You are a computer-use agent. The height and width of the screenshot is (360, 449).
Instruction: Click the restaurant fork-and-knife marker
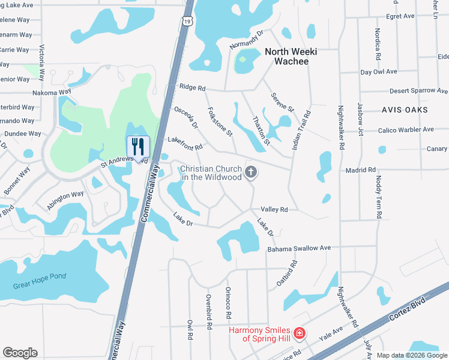[138, 146]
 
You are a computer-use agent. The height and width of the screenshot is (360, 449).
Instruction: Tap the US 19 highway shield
[188, 21]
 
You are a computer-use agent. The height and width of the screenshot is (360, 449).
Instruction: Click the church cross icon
[252, 173]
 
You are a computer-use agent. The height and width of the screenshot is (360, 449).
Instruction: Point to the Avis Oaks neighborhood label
[405, 110]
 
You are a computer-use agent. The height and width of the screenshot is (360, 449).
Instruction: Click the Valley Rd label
[274, 209]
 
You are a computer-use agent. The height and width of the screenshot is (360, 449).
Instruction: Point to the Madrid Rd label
[360, 170]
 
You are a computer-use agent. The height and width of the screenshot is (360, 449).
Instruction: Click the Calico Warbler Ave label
[406, 130]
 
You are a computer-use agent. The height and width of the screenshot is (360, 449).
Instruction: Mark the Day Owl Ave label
[379, 72]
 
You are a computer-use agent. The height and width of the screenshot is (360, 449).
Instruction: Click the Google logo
[20, 353]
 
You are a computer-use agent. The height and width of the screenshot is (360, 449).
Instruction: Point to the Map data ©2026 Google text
[412, 355]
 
